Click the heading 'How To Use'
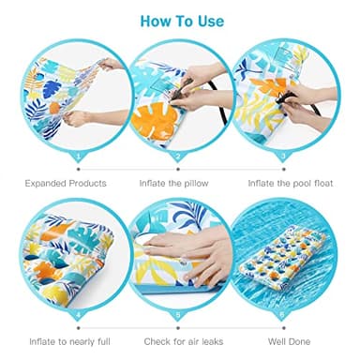pyautogui.click(x=180, y=20)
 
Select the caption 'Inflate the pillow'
pyautogui.click(x=180, y=183)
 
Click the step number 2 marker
pyautogui.click(x=180, y=157)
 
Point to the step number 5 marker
pyautogui.click(x=180, y=315)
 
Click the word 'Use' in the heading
pyautogui.click(x=208, y=20)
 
